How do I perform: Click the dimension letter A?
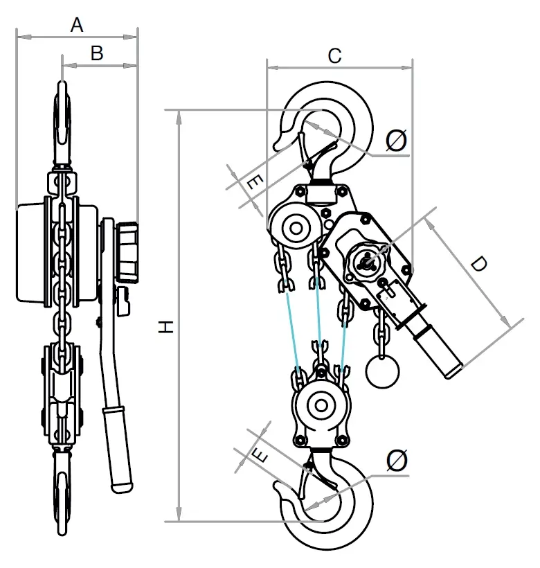[78, 25]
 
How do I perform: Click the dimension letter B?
[97, 53]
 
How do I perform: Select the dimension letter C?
[334, 55]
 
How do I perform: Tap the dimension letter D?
[478, 265]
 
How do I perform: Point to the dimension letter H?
[165, 328]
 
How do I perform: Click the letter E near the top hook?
[254, 183]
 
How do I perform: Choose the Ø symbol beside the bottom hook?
[397, 460]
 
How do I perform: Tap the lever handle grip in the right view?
[438, 350]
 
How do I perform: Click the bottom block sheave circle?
[321, 405]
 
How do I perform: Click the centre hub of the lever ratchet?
[368, 261]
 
